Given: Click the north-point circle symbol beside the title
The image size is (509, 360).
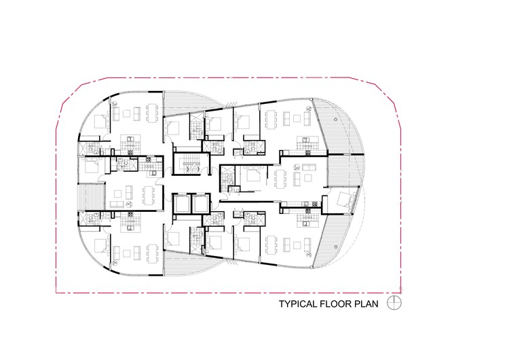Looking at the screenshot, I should (x=393, y=303).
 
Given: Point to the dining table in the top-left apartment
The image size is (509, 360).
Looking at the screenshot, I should (x=151, y=111).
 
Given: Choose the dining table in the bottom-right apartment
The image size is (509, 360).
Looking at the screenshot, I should (x=274, y=245).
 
